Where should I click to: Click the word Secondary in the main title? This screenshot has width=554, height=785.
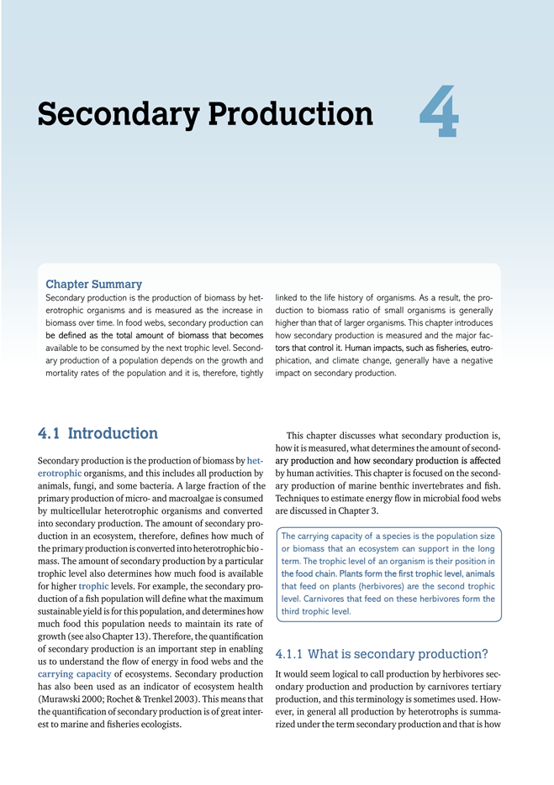pyautogui.click(x=114, y=115)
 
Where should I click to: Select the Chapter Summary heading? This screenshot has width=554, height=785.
pyautogui.click(x=93, y=285)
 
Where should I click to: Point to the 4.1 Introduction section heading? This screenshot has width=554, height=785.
pyautogui.click(x=98, y=434)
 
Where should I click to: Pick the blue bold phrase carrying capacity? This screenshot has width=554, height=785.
pyautogui.click(x=74, y=674)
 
